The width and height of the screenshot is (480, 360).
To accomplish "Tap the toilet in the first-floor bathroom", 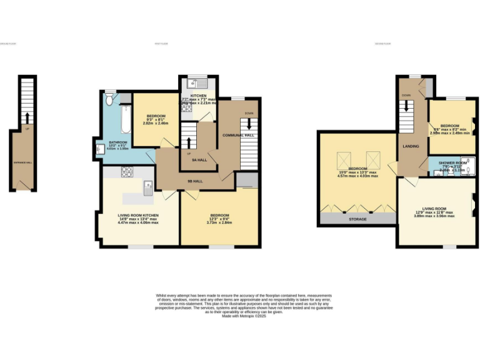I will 110,99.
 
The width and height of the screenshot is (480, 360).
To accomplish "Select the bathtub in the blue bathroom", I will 124,120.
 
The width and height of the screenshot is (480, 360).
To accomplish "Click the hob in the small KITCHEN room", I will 186,109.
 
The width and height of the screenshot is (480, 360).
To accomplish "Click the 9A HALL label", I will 199,160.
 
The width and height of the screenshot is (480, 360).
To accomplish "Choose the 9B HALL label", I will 195,181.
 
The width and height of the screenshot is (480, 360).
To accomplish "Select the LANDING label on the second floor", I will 411,147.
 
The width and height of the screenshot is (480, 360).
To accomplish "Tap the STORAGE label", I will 357,219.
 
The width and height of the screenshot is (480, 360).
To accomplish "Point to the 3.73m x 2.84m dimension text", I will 219,222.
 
